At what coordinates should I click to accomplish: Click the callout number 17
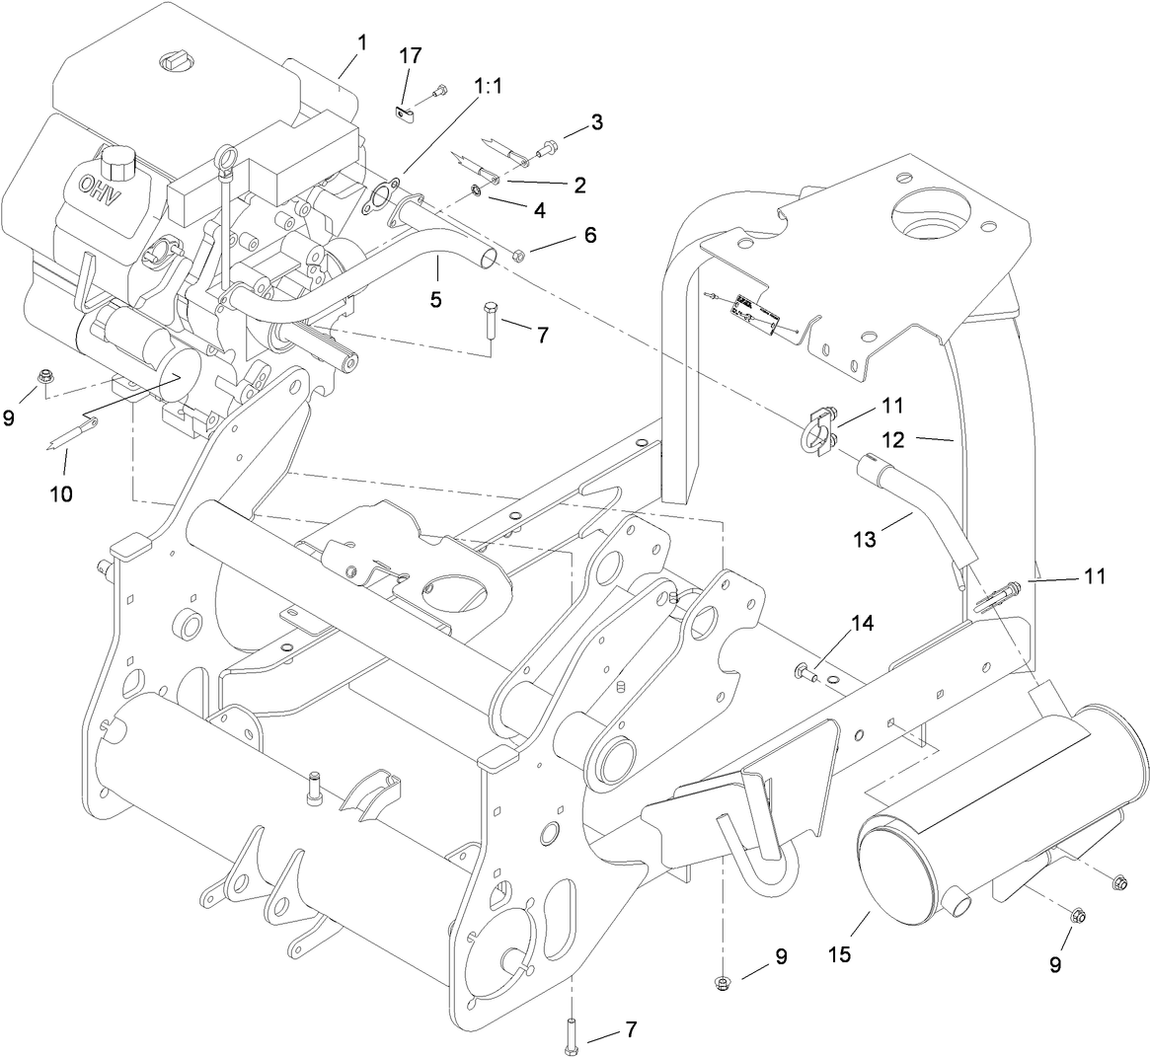click(410, 55)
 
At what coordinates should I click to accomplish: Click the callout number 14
click(862, 623)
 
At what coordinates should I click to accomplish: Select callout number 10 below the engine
click(61, 492)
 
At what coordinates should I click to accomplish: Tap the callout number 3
click(597, 122)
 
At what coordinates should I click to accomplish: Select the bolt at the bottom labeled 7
click(572, 1032)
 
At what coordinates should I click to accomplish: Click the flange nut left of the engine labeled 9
click(43, 376)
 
